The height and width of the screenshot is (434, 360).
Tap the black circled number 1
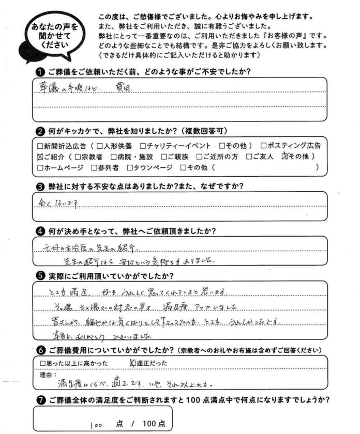click(39, 71)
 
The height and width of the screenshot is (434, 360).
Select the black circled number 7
click(39, 400)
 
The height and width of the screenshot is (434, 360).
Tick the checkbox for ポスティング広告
click(264, 146)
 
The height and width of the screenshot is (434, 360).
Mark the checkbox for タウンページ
click(130, 167)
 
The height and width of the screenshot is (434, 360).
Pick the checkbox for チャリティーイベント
click(143, 146)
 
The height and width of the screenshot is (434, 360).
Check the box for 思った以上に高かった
click(43, 364)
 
